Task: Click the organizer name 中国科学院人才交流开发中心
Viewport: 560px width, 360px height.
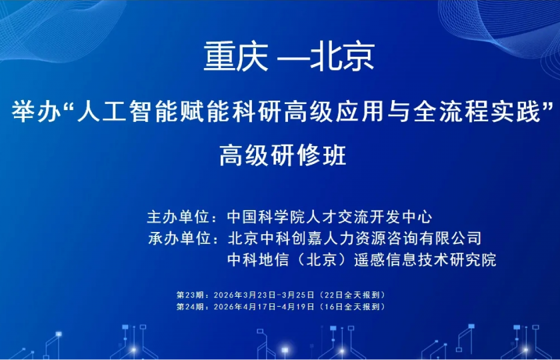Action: coord(329,217)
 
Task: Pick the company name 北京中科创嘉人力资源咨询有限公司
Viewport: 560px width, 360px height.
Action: coord(353,237)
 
